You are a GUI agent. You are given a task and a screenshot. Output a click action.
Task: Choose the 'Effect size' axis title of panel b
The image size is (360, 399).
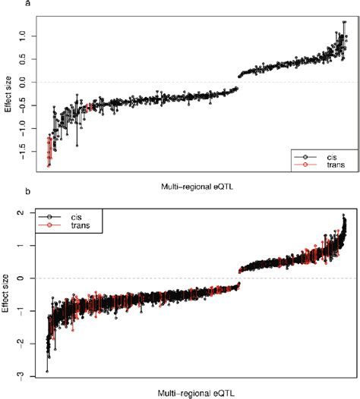pyautogui.click(x=8, y=293)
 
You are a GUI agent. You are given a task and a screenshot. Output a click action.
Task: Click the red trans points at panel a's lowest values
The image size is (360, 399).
pyautogui.click(x=49, y=152)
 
